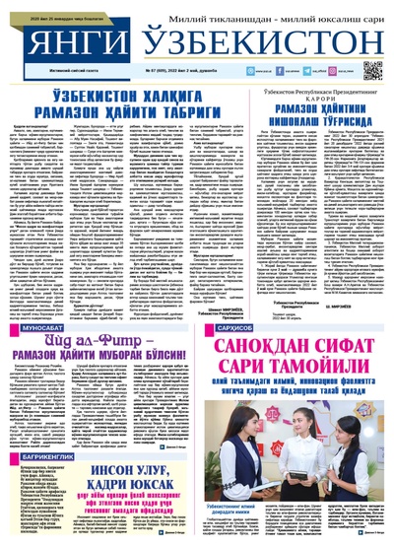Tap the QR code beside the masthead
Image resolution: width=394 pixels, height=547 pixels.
click(371, 70)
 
